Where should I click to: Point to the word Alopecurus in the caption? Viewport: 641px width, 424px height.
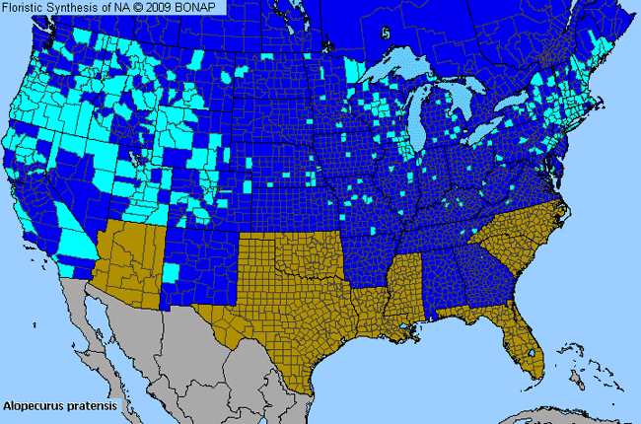point(34,405)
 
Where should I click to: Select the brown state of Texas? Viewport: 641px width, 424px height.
point(286,316)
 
